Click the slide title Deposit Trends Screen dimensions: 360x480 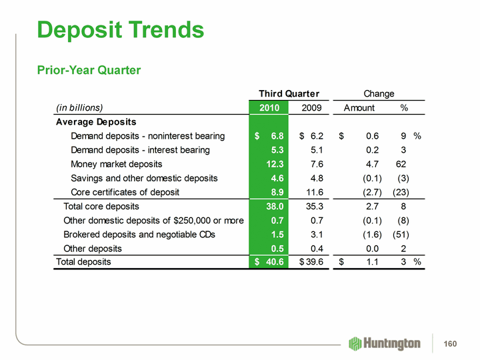[x=121, y=29]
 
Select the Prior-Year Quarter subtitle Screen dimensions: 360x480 [x=89, y=70]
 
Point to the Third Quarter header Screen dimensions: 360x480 [x=289, y=93]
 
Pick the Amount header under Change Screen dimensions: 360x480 [x=359, y=108]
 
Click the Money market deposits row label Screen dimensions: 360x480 [x=116, y=164]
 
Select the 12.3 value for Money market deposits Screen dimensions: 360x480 [x=276, y=164]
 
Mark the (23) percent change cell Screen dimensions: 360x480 [x=403, y=192]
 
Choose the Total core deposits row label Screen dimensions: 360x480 [x=101, y=206]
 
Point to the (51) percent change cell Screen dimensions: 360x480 [x=403, y=234]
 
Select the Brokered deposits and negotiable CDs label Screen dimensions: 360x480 [x=139, y=234]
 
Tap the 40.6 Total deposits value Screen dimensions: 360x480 [x=275, y=262]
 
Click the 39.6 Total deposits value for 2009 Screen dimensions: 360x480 [x=311, y=262]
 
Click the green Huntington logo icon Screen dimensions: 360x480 [x=355, y=343]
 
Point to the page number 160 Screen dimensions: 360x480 [x=451, y=343]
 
